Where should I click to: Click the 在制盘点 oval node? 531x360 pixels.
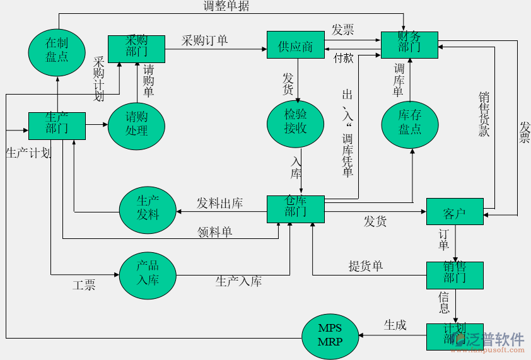57,50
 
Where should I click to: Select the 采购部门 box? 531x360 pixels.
136,49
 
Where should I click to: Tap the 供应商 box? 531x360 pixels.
295,45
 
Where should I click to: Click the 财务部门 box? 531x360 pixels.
409,45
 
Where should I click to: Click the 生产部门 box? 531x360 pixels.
57,125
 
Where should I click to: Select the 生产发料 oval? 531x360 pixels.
148,208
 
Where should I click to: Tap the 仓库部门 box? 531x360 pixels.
295,209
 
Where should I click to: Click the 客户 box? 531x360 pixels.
455,212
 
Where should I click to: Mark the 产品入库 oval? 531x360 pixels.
148,272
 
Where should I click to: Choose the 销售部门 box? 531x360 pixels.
455,275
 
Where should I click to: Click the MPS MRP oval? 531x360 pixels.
330,335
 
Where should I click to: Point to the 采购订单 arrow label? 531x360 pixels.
205,41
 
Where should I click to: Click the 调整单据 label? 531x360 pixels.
226,6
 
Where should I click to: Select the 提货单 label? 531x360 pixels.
366,267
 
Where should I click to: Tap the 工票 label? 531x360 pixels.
84,286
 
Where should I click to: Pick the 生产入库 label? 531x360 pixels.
238,282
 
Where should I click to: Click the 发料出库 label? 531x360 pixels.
219,203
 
